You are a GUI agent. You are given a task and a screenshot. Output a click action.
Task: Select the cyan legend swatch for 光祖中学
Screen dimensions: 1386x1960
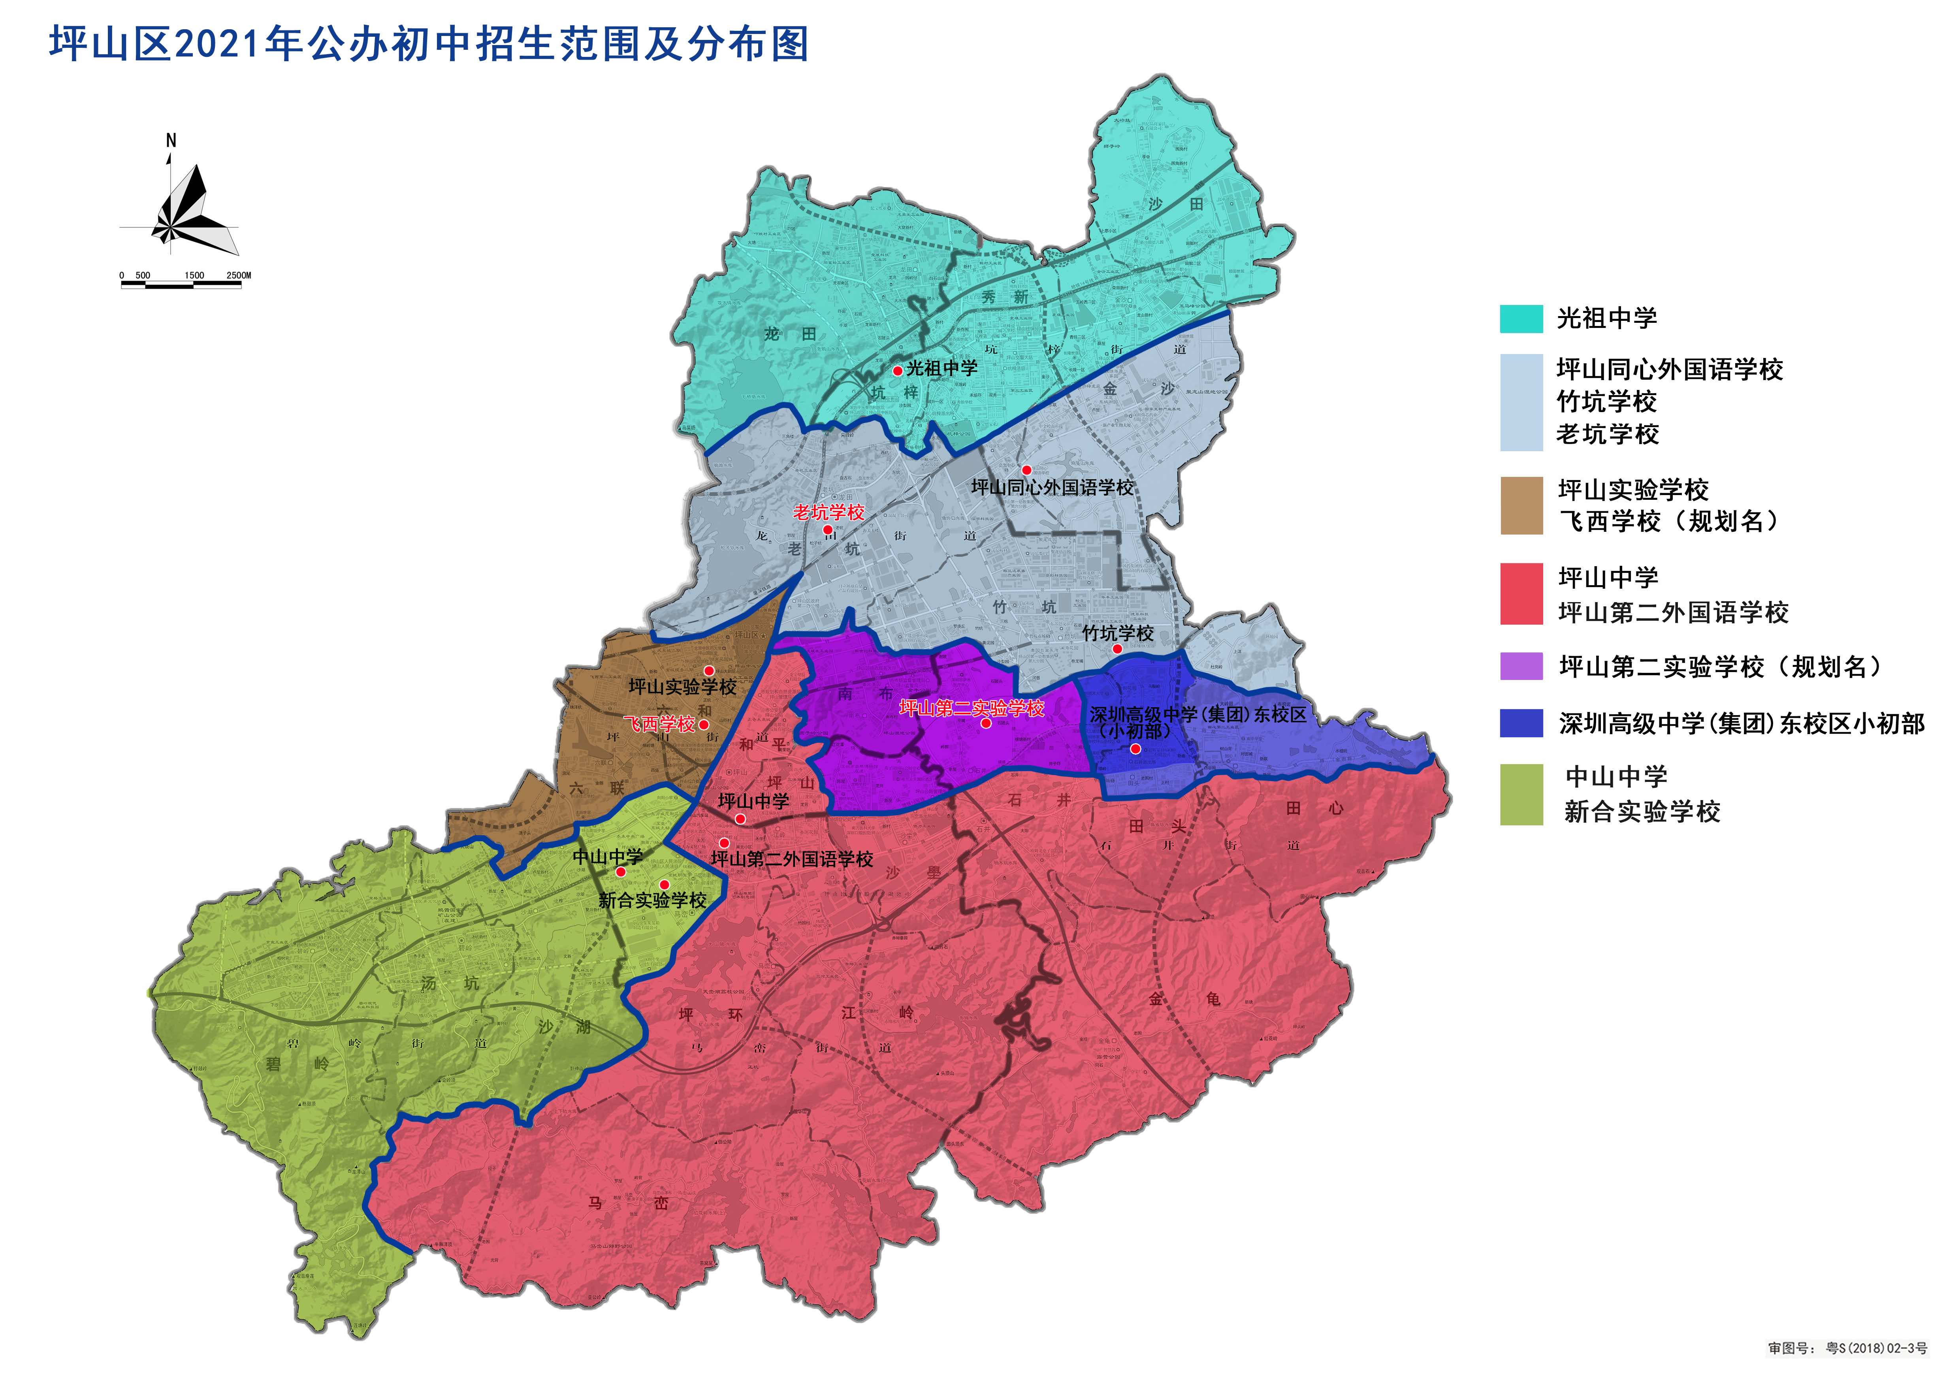[1521, 318]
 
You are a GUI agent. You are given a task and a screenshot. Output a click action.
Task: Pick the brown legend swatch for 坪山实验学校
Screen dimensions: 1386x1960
[1521, 505]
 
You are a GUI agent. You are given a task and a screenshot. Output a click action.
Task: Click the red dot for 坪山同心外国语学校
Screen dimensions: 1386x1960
[1026, 470]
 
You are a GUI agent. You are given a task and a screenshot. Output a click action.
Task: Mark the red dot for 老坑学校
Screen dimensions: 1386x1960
[827, 530]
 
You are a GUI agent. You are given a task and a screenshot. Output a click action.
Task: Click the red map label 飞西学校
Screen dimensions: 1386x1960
[660, 725]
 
